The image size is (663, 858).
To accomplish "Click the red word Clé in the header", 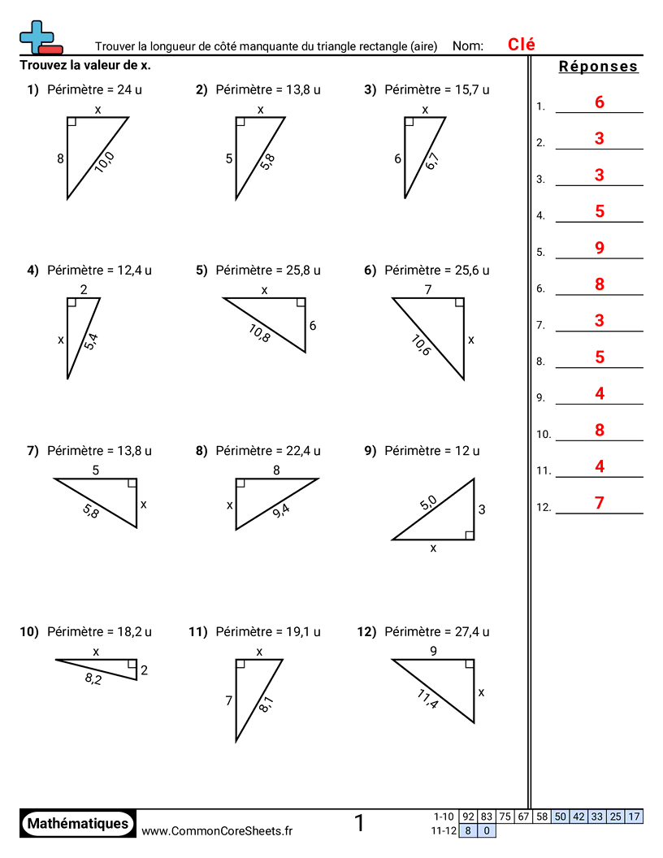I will [522, 45].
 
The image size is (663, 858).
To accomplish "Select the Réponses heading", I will [599, 67].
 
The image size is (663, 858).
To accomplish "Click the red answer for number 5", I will [600, 248].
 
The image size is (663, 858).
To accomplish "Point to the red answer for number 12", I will [600, 503].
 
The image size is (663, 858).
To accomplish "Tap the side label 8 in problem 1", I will [60, 159].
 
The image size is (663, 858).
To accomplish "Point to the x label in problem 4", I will [61, 340].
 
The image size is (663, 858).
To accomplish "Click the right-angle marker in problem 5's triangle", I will [301, 303].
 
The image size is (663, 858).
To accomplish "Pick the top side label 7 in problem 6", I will [427, 289].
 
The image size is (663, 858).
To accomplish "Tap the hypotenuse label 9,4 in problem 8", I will [281, 510].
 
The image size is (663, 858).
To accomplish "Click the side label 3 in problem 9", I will [482, 510].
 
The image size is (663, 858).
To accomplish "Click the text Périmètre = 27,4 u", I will [436, 631].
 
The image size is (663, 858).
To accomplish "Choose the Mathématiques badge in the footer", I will [78, 823].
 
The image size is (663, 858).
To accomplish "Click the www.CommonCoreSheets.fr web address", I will [217, 830].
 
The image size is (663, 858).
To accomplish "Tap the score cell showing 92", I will [468, 817].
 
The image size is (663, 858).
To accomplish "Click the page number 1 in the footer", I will [359, 823].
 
